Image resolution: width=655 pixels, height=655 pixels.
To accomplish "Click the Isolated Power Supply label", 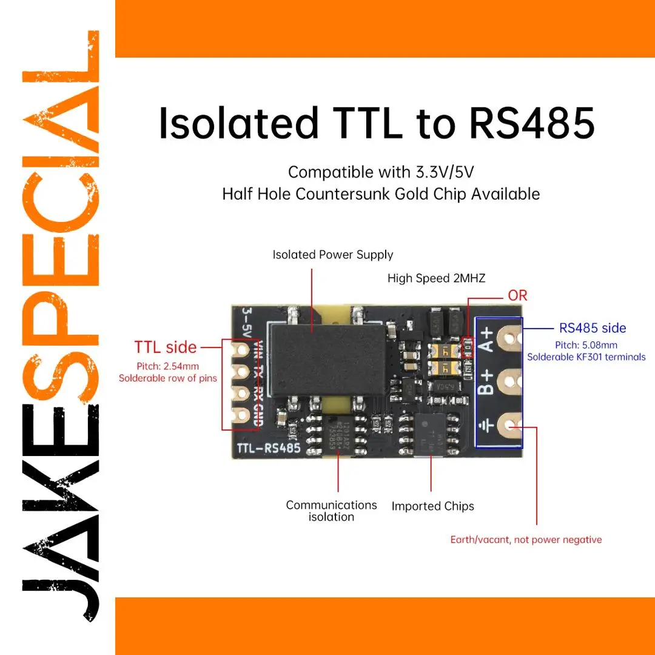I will coord(332,255).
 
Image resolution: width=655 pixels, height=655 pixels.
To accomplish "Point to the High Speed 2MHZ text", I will coord(437,278).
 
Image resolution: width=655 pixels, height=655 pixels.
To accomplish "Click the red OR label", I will coord(517,295).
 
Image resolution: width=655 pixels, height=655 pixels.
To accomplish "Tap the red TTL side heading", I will coord(165,348).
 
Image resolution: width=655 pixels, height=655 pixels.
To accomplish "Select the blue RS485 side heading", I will coord(593,328).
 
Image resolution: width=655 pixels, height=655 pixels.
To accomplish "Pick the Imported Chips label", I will coord(432,506).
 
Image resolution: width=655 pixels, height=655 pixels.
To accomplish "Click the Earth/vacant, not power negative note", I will coord(526,540).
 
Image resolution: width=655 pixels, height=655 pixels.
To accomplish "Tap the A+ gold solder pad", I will coord(510,336).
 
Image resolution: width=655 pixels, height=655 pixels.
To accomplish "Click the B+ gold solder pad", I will coord(510,381).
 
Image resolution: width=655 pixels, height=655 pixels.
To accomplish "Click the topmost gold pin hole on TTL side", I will coord(243,350).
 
